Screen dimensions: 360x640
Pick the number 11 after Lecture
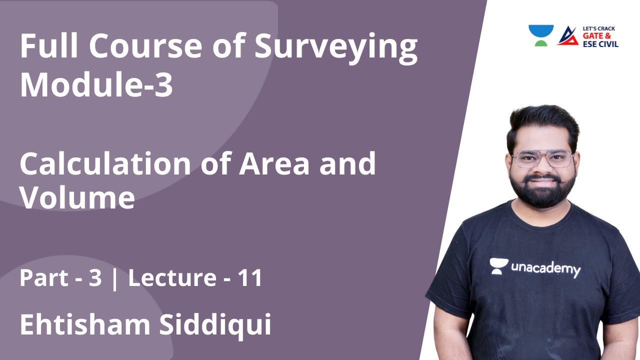[250, 278]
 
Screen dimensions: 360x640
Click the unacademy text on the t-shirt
[545, 268]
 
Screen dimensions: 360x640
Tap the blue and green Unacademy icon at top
[541, 35]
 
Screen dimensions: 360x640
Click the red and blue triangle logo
[567, 35]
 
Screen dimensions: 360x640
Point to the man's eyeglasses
[542, 159]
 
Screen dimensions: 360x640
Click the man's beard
[543, 192]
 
